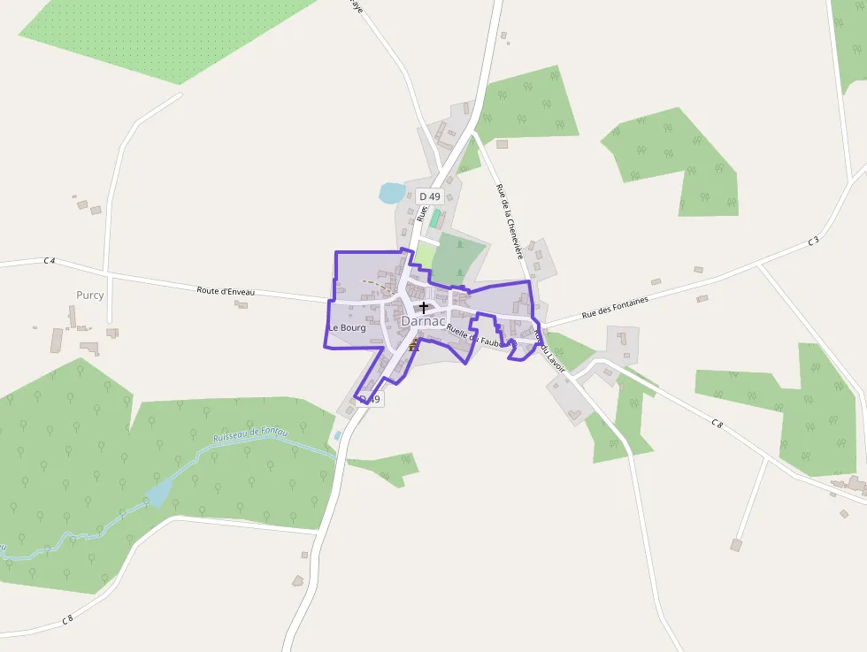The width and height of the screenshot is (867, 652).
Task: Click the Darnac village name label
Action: click(x=423, y=322)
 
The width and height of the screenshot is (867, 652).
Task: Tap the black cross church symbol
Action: click(x=424, y=308)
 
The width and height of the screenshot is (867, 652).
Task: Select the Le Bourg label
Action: click(x=347, y=328)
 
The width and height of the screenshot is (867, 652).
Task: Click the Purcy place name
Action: click(x=90, y=295)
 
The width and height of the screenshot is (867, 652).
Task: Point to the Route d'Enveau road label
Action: click(x=226, y=290)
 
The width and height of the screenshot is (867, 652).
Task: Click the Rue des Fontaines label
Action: click(x=615, y=307)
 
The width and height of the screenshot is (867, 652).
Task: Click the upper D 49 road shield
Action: click(x=430, y=196)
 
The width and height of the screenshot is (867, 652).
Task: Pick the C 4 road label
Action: click(x=50, y=261)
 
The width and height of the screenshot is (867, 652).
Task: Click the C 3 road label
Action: click(x=814, y=241)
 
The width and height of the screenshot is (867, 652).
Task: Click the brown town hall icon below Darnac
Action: click(x=413, y=344)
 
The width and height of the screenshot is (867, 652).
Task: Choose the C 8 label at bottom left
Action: click(x=67, y=620)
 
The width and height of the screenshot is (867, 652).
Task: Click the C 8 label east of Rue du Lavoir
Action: click(x=717, y=424)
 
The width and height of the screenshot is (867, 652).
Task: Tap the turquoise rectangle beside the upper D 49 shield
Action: click(x=435, y=218)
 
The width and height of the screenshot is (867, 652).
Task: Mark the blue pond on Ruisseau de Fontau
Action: click(x=160, y=492)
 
